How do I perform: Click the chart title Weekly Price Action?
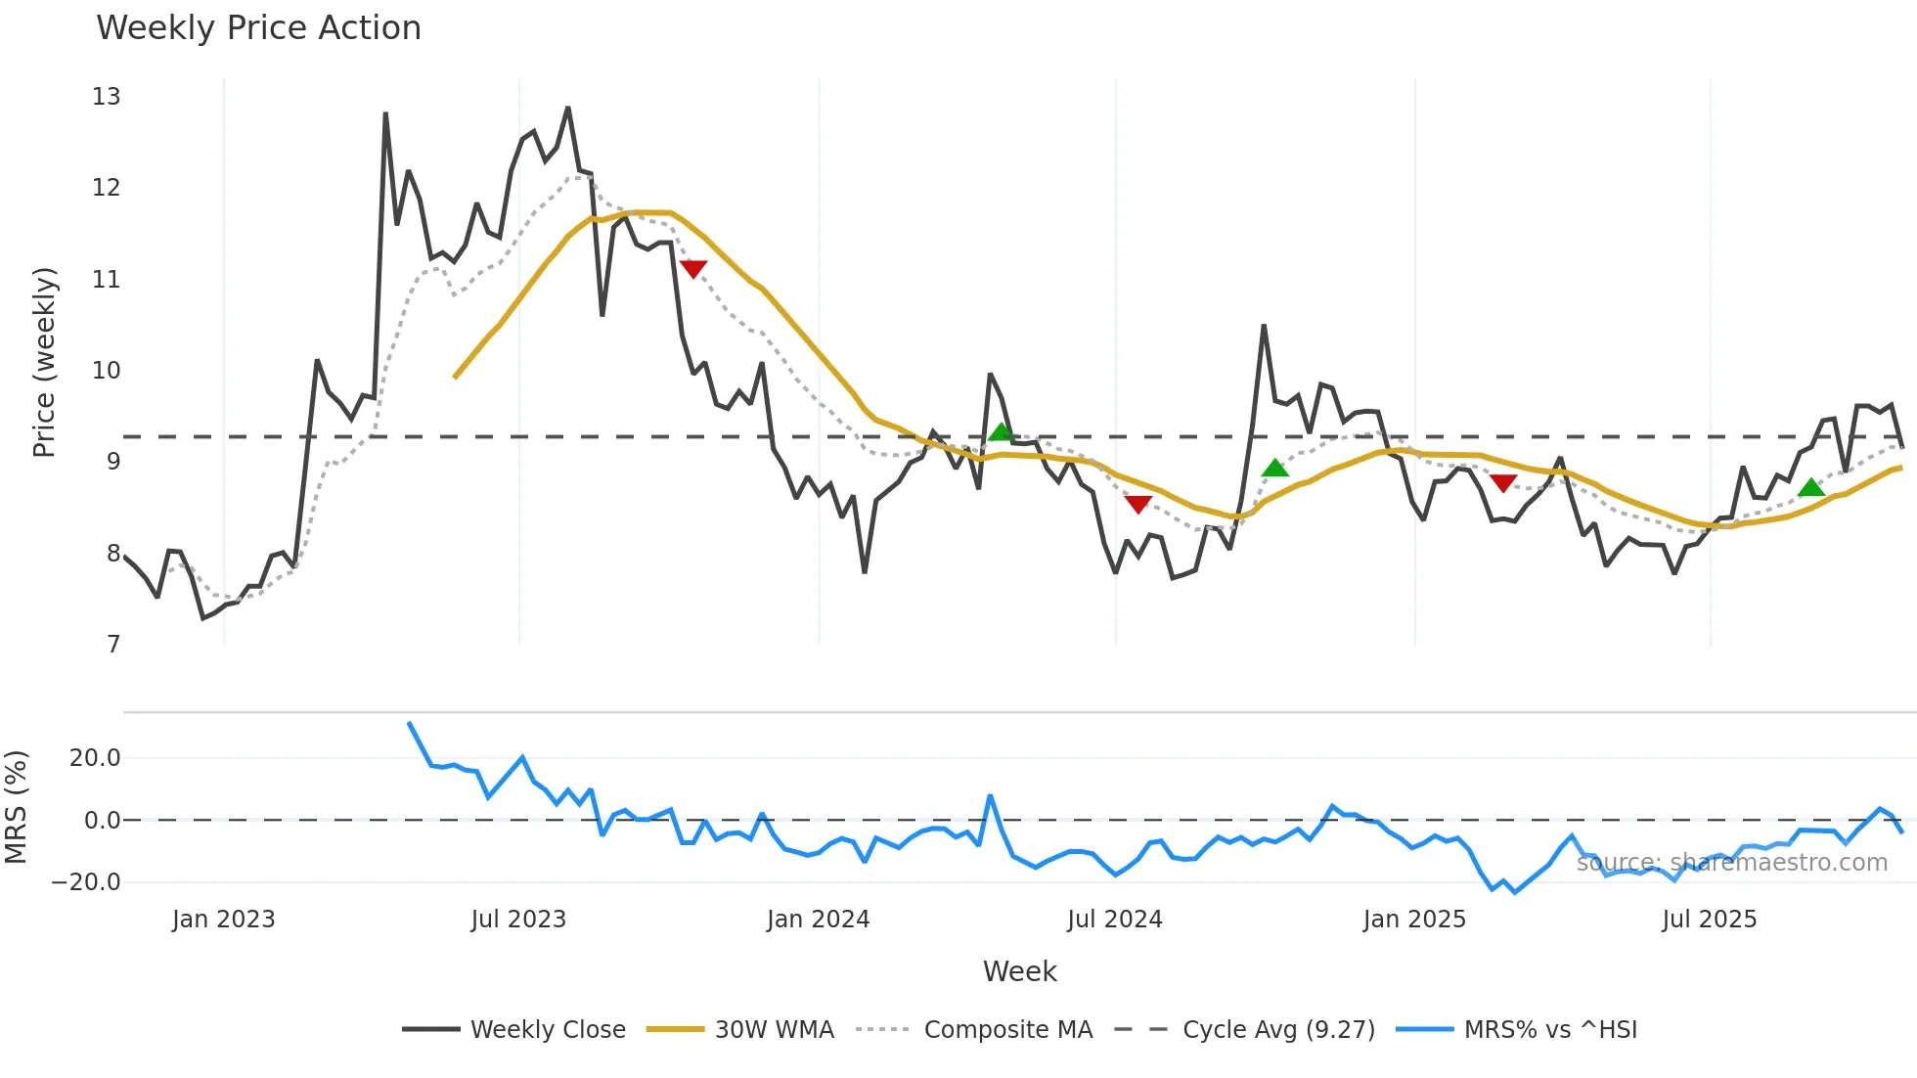[x=258, y=28]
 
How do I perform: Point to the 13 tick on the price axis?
[x=107, y=97]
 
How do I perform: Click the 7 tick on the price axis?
[x=113, y=645]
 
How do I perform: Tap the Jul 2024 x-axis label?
[x=1115, y=920]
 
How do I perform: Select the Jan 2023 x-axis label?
[x=224, y=920]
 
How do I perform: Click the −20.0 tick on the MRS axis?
[x=86, y=882]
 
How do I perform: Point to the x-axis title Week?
[x=1019, y=971]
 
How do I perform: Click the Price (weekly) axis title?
[x=45, y=362]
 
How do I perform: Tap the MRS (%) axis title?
[x=17, y=807]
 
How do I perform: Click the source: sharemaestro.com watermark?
[x=1731, y=863]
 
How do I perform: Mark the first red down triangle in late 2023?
[x=693, y=268]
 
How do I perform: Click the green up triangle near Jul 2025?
[x=1811, y=487]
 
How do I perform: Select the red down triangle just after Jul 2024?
[x=1137, y=504]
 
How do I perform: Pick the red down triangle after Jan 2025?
[x=1503, y=482]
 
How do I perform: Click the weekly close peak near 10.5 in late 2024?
[x=1264, y=326]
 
